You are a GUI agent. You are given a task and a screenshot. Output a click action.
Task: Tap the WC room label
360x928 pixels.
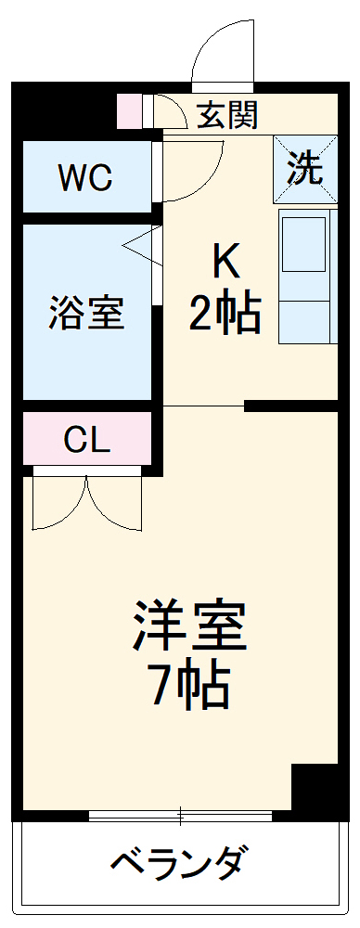tap(85, 176)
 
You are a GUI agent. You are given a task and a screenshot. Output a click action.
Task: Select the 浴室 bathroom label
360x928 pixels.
tap(86, 314)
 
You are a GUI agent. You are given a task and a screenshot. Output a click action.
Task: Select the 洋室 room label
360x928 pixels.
tap(191, 629)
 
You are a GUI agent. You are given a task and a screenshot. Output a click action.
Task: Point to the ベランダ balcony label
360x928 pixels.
tap(180, 863)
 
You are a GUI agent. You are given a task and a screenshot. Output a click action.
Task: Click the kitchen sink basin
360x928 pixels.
tap(305, 243)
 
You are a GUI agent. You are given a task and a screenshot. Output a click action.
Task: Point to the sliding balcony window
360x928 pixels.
tap(180, 817)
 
